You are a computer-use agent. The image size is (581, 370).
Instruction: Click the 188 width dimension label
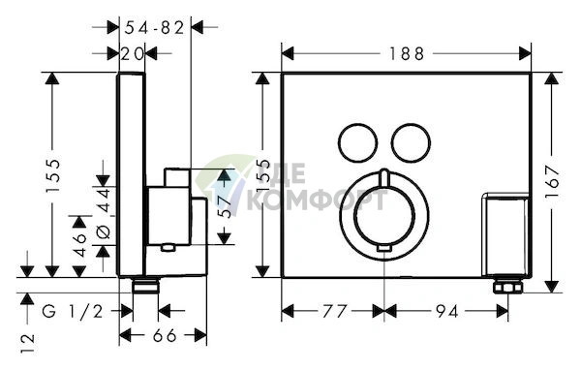pyautogui.click(x=406, y=54)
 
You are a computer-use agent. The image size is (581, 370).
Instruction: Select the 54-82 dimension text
pyautogui.click(x=154, y=28)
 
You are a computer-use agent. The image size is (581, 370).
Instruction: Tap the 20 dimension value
pyautogui.click(x=132, y=54)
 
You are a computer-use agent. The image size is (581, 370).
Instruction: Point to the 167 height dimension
pyautogui.click(x=552, y=182)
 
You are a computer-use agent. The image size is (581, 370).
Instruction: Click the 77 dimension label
pyautogui.click(x=335, y=312)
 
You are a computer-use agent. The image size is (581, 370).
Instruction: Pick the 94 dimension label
pyautogui.click(x=446, y=312)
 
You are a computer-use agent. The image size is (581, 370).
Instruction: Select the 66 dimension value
pyautogui.click(x=165, y=336)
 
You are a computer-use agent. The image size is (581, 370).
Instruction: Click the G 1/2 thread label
pyautogui.click(x=73, y=312)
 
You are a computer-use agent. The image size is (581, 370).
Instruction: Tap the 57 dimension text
pyautogui.click(x=225, y=206)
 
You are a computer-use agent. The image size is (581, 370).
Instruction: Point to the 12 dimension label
pyautogui.click(x=28, y=343)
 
